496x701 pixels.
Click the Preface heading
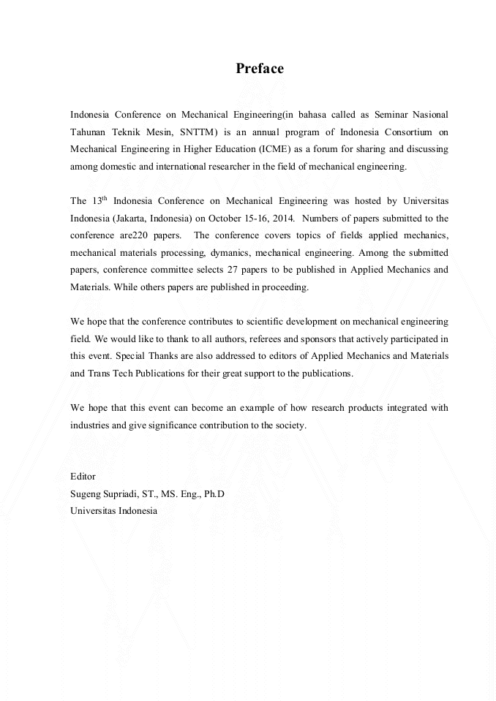tap(259, 69)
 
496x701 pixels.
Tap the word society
tap(290, 425)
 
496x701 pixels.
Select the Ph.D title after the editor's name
tap(214, 493)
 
